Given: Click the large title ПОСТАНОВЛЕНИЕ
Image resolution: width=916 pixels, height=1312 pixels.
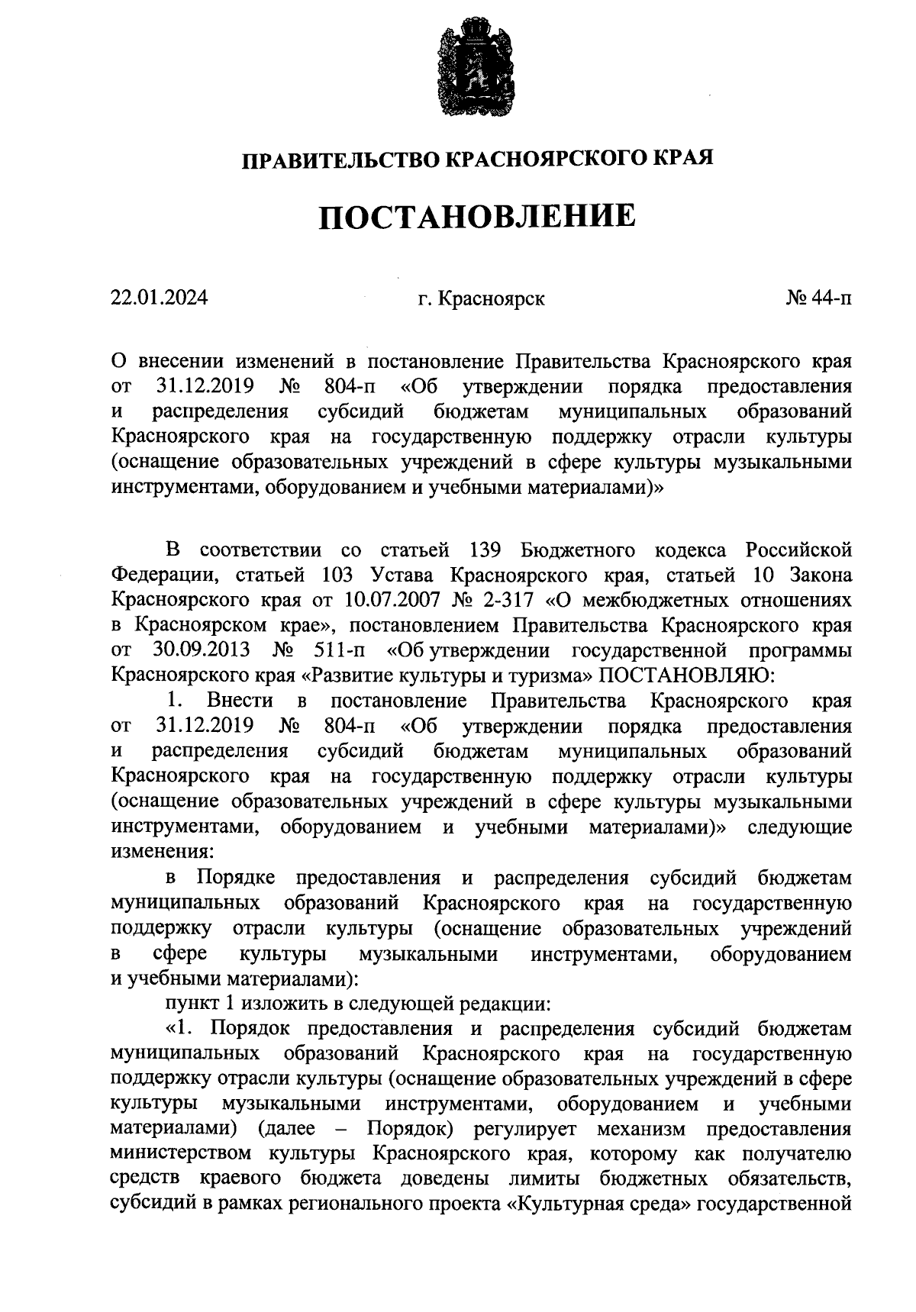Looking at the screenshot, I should pyautogui.click(x=477, y=217).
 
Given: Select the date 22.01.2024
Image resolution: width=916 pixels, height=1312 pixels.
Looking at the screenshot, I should pyautogui.click(x=159, y=298).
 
